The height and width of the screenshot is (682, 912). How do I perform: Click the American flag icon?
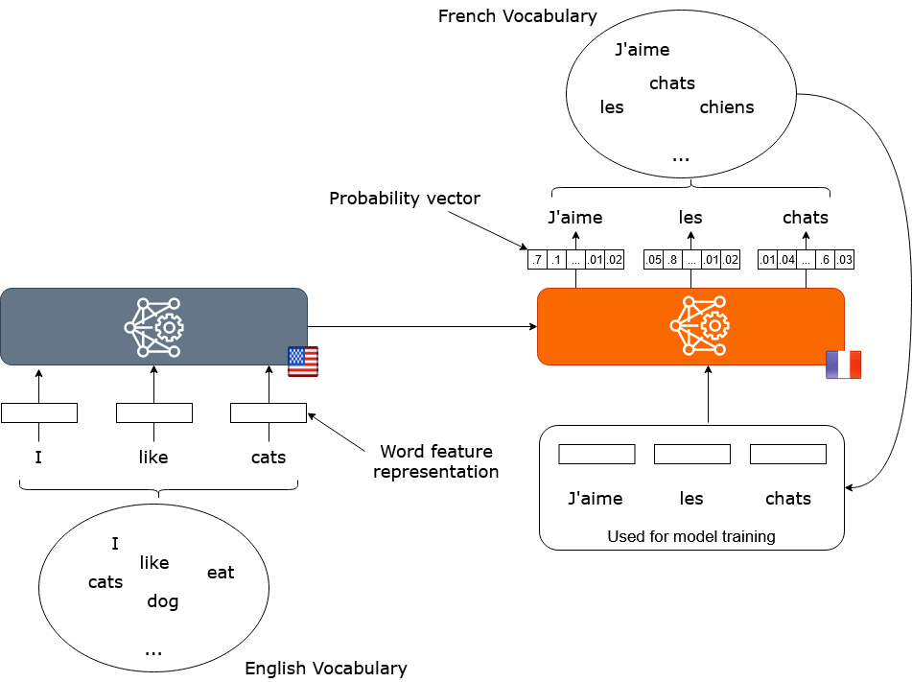point(303,362)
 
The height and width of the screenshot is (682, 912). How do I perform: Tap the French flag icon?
point(844,365)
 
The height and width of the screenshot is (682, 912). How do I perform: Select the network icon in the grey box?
point(153,326)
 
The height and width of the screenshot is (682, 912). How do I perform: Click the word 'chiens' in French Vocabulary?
point(727,107)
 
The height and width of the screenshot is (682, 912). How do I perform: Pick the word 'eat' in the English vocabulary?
point(221,573)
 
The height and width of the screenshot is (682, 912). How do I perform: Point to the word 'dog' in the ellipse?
point(163,601)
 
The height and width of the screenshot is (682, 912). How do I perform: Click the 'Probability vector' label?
point(405,199)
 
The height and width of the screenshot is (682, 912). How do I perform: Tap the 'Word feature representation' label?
point(436,461)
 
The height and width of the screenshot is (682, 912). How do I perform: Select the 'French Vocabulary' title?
point(518,16)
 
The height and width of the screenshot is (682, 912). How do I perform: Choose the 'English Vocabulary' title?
point(326,669)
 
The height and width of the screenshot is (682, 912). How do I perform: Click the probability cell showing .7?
point(537,260)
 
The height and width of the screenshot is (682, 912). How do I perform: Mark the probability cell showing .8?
point(672,260)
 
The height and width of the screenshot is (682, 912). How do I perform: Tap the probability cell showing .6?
point(825,260)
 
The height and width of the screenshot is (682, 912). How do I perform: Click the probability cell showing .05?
point(654,260)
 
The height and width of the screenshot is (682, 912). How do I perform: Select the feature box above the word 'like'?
point(154,413)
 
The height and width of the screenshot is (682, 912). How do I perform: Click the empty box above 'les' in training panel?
point(691,454)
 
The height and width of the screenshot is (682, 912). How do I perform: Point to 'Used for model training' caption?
point(691,536)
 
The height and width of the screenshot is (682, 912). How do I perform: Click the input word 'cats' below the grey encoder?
point(269,458)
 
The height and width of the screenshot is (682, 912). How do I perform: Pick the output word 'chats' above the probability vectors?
point(806,218)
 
